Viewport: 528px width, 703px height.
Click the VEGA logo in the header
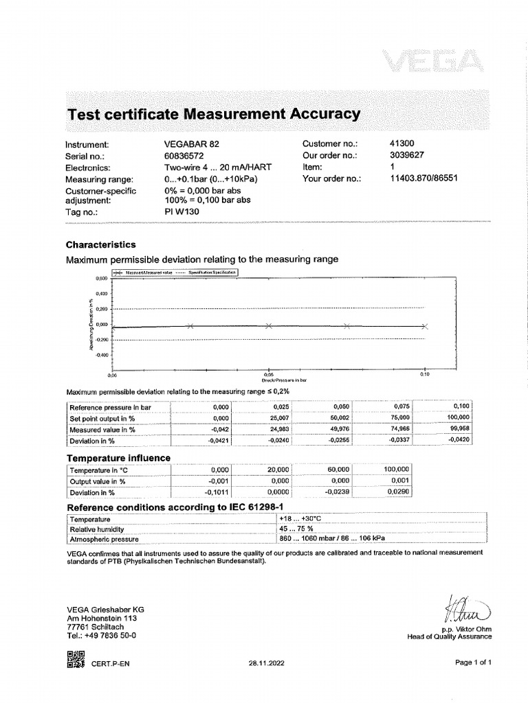[435, 65]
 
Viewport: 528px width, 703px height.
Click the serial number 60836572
[188, 156]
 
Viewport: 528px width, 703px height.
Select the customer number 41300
[403, 144]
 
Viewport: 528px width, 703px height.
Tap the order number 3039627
[407, 156]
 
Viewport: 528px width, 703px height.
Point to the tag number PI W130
[183, 213]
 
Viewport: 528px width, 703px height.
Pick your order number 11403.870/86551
[423, 178]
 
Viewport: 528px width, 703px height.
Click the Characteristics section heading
[100, 244]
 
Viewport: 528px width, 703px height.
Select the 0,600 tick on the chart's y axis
[101, 279]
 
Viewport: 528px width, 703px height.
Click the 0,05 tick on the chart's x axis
[269, 375]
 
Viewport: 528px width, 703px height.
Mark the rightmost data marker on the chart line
[425, 326]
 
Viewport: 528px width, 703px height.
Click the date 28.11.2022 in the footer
[265, 663]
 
